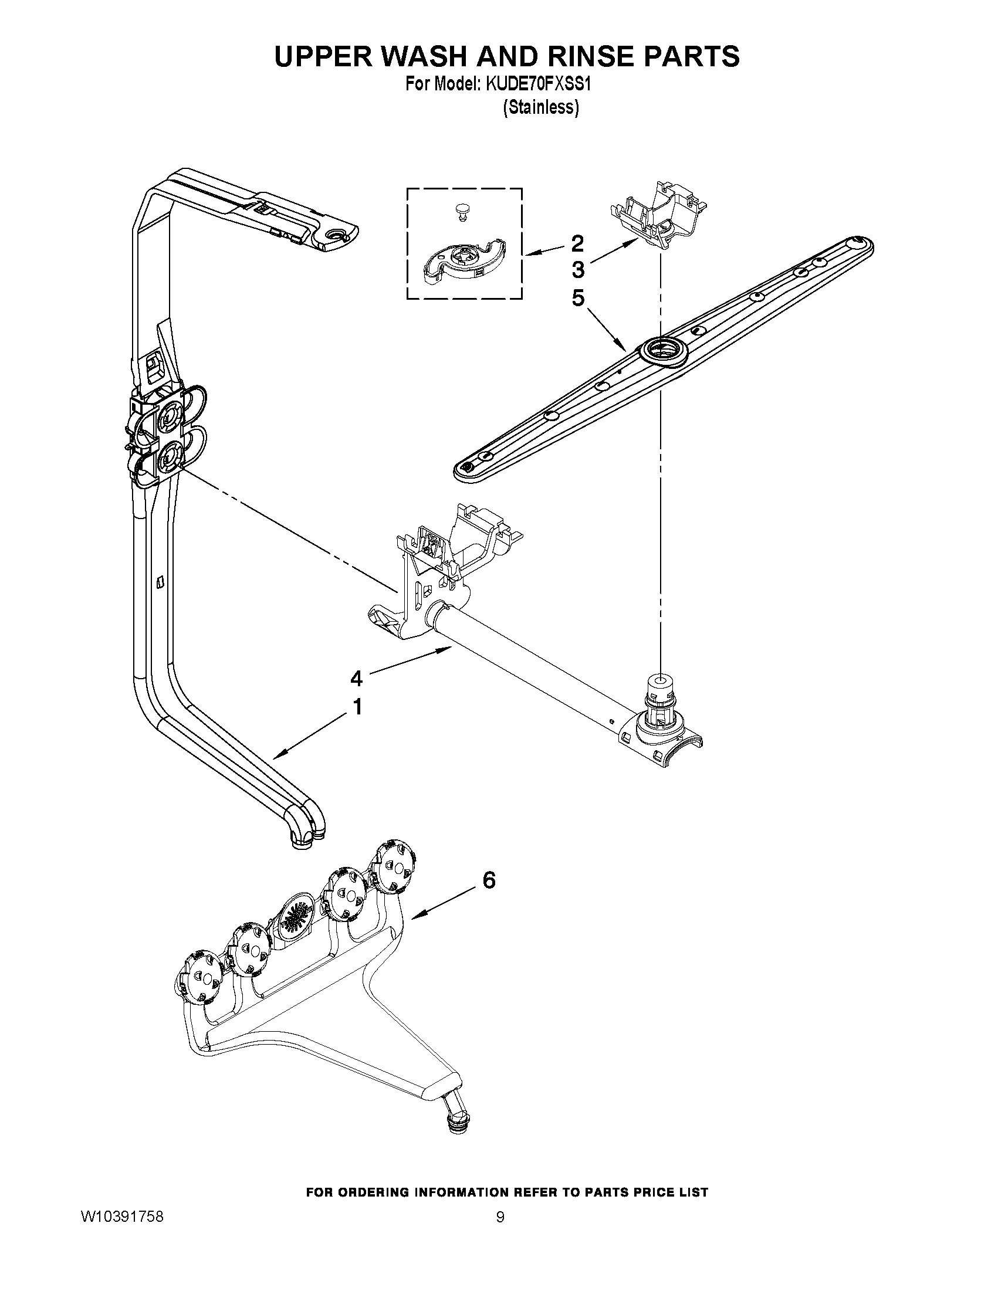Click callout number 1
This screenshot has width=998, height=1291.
pyautogui.click(x=357, y=707)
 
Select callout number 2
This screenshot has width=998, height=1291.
pyautogui.click(x=577, y=243)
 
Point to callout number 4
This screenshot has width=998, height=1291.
pyautogui.click(x=356, y=679)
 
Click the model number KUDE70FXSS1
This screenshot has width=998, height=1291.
pyautogui.click(x=539, y=84)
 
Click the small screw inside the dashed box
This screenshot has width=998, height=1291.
pyautogui.click(x=461, y=211)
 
